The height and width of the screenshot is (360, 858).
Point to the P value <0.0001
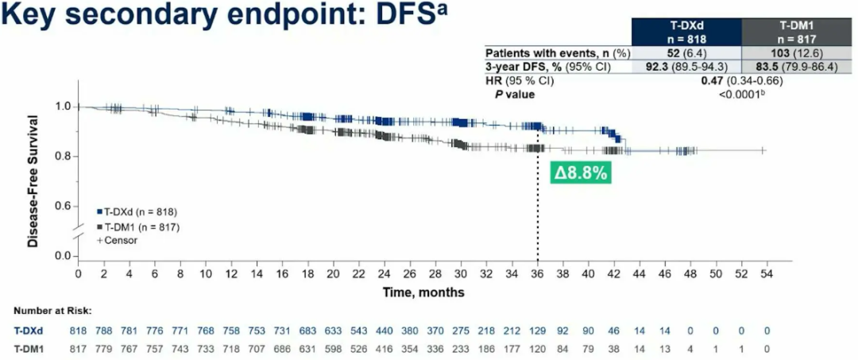click(742, 94)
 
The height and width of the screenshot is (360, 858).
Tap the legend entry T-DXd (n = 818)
click(136, 212)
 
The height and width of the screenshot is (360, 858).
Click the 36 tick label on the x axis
click(538, 274)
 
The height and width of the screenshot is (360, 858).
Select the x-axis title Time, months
click(423, 292)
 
